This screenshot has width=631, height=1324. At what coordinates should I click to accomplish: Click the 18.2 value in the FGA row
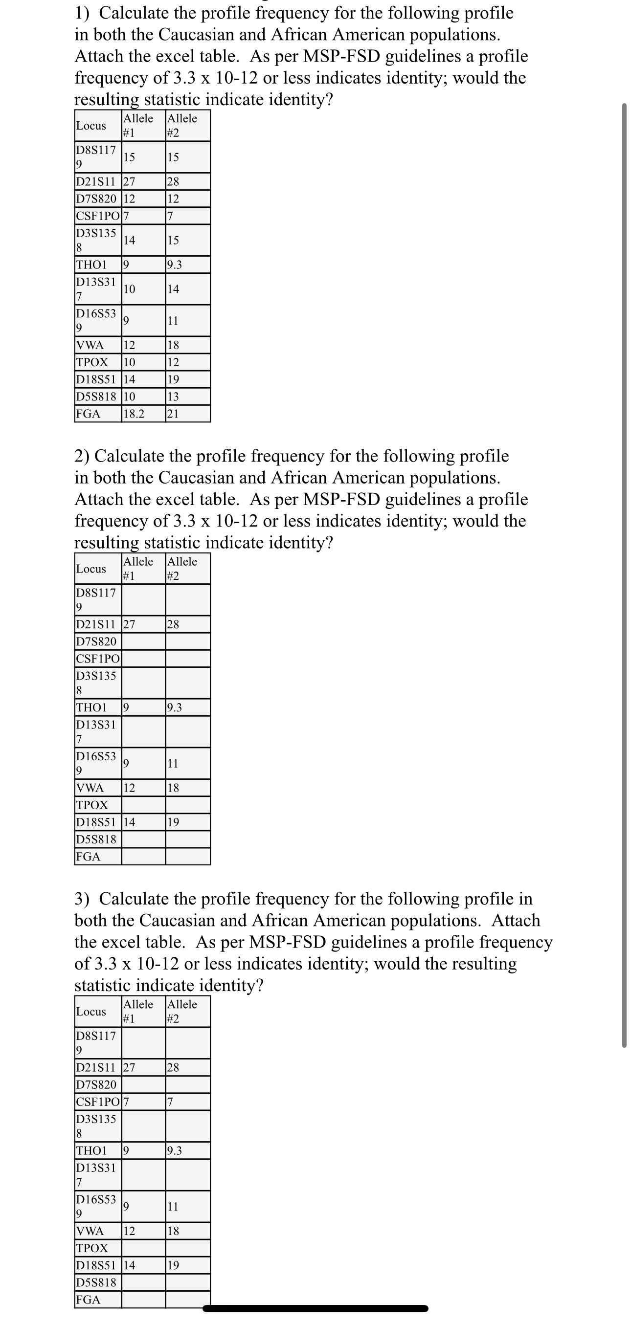click(x=134, y=414)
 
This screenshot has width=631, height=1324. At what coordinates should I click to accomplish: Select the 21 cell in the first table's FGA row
click(x=173, y=414)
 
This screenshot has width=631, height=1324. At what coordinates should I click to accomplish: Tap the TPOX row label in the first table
click(x=92, y=362)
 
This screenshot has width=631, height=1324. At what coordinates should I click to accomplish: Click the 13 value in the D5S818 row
click(x=173, y=397)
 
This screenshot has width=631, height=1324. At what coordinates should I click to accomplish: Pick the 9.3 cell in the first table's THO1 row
click(x=175, y=265)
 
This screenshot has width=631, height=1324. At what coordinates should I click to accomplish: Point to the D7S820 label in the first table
click(x=97, y=199)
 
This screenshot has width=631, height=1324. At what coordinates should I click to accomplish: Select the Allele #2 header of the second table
click(x=182, y=569)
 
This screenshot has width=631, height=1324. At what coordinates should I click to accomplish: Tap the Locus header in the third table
click(x=91, y=1012)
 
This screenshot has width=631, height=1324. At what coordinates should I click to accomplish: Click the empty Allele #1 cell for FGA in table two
click(x=143, y=857)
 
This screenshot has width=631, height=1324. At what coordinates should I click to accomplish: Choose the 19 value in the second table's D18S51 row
click(x=173, y=822)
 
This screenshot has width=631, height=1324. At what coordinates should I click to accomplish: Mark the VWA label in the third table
click(x=90, y=1231)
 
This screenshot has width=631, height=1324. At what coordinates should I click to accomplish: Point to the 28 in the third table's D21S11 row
click(x=173, y=1067)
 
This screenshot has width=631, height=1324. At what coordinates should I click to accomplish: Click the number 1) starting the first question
click(x=82, y=13)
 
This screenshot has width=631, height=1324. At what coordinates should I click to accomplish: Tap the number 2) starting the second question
click(x=82, y=456)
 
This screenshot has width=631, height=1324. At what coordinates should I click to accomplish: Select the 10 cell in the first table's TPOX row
click(x=130, y=362)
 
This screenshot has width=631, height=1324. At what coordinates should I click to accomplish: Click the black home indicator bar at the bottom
click(x=315, y=1308)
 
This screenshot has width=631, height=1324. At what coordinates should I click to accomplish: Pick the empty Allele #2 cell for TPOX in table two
click(x=188, y=805)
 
